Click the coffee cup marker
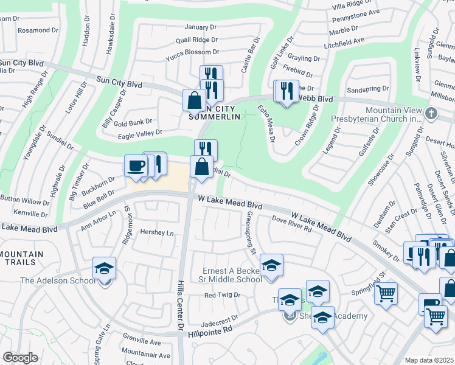point(136,165)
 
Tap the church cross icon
point(431,113)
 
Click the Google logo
point(20,358)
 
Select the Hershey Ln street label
point(157,233)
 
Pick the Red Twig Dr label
point(223,295)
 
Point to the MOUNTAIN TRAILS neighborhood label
point(22,259)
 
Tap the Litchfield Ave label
point(345,40)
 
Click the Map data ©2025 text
point(429,360)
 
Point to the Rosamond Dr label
point(38,30)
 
